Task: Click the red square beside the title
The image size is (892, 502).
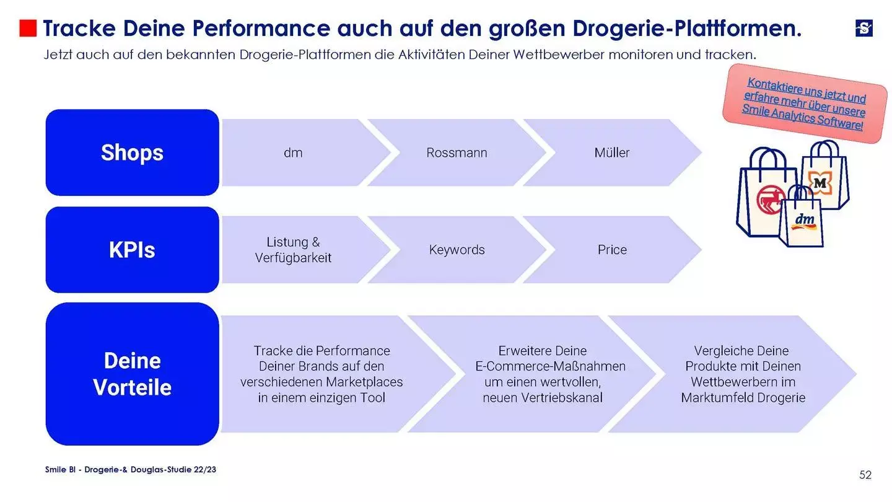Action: pyautogui.click(x=28, y=29)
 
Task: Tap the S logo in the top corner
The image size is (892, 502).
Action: pyautogui.click(x=864, y=28)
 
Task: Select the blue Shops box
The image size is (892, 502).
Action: pyautogui.click(x=132, y=152)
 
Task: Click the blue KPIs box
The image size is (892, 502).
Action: pyautogui.click(x=132, y=250)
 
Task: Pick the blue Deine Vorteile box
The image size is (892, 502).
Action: pyautogui.click(x=132, y=374)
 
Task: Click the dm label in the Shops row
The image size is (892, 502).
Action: pyautogui.click(x=293, y=152)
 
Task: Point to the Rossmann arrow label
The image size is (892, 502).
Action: pyautogui.click(x=457, y=152)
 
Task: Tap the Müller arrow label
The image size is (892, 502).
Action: pyautogui.click(x=612, y=152)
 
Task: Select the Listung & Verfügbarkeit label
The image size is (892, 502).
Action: pyautogui.click(x=293, y=250)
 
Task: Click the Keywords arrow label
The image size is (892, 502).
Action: pyautogui.click(x=457, y=250)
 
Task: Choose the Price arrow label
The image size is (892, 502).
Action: pyautogui.click(x=612, y=250)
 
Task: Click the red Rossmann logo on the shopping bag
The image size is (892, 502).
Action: pyautogui.click(x=771, y=200)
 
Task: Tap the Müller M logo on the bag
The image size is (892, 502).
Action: pyautogui.click(x=820, y=183)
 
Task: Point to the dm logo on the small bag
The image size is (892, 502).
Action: pyautogui.click(x=804, y=220)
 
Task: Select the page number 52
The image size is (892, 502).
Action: pyautogui.click(x=865, y=475)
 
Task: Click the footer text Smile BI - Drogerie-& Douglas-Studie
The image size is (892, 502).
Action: pyautogui.click(x=131, y=470)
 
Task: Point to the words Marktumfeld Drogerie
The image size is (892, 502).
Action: pyautogui.click(x=743, y=398)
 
